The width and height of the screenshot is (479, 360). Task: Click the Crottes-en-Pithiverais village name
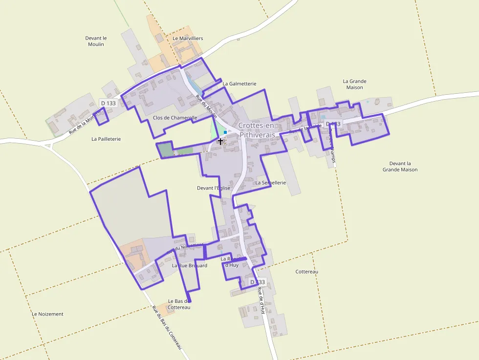257,129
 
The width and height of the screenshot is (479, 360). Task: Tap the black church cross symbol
220,141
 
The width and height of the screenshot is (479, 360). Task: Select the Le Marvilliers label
188,38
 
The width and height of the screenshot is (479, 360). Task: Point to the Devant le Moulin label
96,41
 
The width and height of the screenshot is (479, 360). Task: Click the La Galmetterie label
239,84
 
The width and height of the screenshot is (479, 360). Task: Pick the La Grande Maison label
354,84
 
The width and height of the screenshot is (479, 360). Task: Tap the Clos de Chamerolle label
175,118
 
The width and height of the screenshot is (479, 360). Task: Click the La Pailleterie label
106,139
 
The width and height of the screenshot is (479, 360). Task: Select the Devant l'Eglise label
213,188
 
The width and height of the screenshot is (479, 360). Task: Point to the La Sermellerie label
270,183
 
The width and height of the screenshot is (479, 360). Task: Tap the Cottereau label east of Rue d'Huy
307,272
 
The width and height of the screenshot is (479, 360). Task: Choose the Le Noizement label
47,314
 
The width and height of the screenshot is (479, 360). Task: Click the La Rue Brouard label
190,266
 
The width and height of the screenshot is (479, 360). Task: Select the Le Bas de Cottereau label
178,304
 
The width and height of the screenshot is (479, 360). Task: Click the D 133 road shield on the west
109,103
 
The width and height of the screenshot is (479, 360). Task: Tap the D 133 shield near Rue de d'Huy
258,282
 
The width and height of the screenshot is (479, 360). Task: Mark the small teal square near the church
225,132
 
